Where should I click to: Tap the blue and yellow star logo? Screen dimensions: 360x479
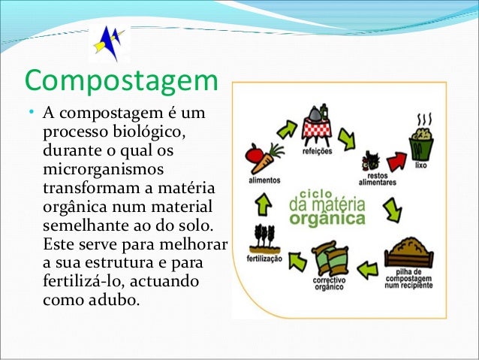[109, 42]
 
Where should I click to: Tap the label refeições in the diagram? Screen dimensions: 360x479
[317, 150]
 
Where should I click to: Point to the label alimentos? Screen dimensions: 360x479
[264, 180]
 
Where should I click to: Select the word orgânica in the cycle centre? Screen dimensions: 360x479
[327, 219]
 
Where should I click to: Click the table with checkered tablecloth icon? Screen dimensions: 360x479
[316, 125]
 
